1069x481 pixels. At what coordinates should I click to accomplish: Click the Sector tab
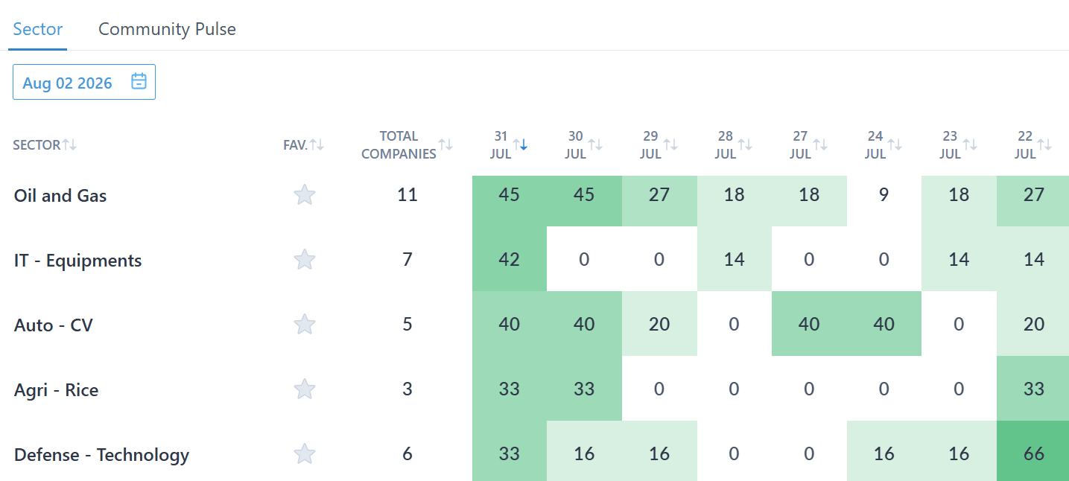click(38, 29)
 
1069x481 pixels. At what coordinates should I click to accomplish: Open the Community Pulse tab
click(167, 29)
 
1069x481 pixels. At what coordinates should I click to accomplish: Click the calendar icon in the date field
click(139, 81)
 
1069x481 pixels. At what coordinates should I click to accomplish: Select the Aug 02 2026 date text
click(67, 83)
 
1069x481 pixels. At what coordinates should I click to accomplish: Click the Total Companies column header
click(399, 145)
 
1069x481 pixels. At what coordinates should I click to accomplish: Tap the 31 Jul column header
click(501, 145)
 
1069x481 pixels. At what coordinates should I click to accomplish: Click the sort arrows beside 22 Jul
click(1044, 144)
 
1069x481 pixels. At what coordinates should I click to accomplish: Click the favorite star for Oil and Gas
click(305, 194)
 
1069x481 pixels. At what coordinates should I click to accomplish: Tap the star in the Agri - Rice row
click(305, 389)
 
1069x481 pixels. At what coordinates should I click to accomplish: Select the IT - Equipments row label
click(77, 261)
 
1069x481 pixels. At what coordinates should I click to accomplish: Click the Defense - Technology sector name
click(101, 455)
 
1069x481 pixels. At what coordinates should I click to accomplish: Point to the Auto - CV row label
click(54, 325)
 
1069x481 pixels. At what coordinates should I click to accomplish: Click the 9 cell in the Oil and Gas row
click(884, 194)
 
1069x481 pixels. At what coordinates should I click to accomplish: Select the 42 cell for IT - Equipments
click(510, 259)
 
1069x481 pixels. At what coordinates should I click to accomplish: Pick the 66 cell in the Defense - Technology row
click(1033, 453)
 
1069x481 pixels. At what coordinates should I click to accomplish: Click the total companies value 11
click(407, 194)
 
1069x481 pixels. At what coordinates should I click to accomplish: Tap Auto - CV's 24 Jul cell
click(884, 324)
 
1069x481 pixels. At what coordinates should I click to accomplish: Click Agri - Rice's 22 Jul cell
click(1033, 389)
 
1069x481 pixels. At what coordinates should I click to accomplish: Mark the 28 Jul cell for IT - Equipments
click(734, 259)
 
